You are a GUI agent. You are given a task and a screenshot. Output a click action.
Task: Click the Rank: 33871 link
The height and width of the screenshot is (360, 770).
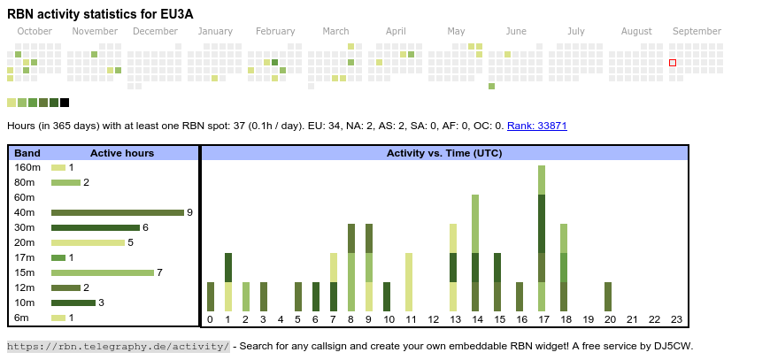tap(537, 126)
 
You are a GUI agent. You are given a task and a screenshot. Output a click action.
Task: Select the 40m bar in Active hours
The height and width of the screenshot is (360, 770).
tap(117, 212)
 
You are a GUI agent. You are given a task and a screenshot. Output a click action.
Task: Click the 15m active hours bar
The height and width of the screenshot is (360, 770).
tap(102, 272)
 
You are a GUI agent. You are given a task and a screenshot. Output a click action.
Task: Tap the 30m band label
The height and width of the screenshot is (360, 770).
tap(25, 227)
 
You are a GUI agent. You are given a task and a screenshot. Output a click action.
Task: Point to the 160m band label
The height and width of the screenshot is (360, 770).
tap(27, 167)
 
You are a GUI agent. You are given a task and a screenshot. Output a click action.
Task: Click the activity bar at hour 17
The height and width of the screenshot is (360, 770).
tap(542, 238)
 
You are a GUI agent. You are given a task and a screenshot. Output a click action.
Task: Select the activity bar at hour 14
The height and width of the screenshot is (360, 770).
tap(475, 252)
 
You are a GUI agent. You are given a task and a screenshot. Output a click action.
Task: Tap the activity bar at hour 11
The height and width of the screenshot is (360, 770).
tap(409, 281)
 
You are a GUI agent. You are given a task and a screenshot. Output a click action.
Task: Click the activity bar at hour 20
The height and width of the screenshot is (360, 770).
tap(608, 296)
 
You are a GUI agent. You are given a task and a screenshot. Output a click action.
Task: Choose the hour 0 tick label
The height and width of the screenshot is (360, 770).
tap(210, 319)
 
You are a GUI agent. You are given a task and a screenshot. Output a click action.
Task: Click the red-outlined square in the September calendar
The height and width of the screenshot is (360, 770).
tap(673, 63)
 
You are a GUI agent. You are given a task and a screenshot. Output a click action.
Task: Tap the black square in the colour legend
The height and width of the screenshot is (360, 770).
tap(65, 103)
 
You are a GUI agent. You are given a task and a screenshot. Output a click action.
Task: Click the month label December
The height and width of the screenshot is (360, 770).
tap(156, 31)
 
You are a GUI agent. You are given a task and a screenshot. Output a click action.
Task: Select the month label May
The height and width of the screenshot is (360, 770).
tap(456, 31)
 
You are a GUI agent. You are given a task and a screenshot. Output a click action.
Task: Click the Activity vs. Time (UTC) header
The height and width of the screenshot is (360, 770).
tap(444, 153)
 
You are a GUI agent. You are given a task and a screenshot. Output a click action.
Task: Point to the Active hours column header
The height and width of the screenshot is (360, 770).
tap(122, 153)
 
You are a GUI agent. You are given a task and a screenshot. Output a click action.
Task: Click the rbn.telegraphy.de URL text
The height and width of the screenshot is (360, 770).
tap(119, 346)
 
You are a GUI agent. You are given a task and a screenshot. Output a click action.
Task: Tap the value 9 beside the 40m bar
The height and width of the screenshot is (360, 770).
tap(189, 212)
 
